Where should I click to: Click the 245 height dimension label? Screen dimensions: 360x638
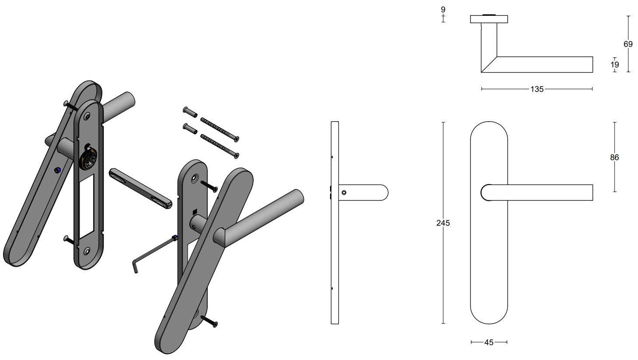[443, 223]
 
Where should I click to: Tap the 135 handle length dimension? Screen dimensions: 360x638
[537, 89]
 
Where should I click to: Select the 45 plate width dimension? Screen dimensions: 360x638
[489, 343]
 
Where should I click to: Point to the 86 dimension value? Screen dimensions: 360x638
[614, 157]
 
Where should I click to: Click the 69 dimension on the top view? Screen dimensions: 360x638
[628, 44]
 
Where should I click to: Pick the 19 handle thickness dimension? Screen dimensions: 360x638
[614, 65]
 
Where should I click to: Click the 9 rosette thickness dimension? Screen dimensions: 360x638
[443, 9]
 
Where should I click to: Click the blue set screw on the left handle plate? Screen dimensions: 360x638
[57, 170]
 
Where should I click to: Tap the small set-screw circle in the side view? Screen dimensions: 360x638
[344, 192]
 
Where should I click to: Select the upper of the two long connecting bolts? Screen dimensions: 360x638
[219, 129]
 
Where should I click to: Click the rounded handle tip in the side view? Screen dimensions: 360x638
[383, 192]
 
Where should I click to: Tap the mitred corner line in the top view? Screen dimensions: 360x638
[489, 64]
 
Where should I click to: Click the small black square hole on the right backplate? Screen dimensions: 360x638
[194, 213]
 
